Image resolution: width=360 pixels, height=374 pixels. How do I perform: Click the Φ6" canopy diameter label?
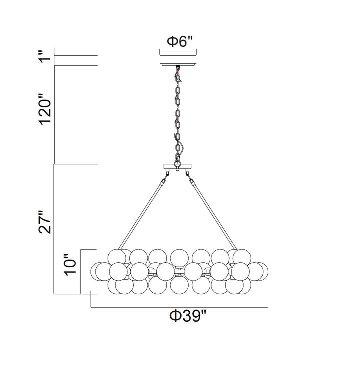click(179, 42)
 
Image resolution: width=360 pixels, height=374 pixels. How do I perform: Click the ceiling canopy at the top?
click(178, 60)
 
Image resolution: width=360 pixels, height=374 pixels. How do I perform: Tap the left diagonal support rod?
click(144, 210)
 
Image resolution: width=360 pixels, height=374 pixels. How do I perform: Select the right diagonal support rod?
click(213, 210)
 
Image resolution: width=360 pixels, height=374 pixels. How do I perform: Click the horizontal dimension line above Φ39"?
click(180, 306)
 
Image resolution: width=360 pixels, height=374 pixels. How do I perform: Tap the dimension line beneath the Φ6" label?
click(178, 50)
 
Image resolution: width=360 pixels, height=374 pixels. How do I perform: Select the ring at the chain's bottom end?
click(178, 161)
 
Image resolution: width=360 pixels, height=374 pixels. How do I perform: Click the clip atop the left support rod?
click(166, 174)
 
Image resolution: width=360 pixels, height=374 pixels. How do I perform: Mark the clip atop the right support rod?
click(190, 174)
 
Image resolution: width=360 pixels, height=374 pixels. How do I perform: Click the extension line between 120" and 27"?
click(75, 164)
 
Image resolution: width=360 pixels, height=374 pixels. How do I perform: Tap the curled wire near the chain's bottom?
click(181, 147)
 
